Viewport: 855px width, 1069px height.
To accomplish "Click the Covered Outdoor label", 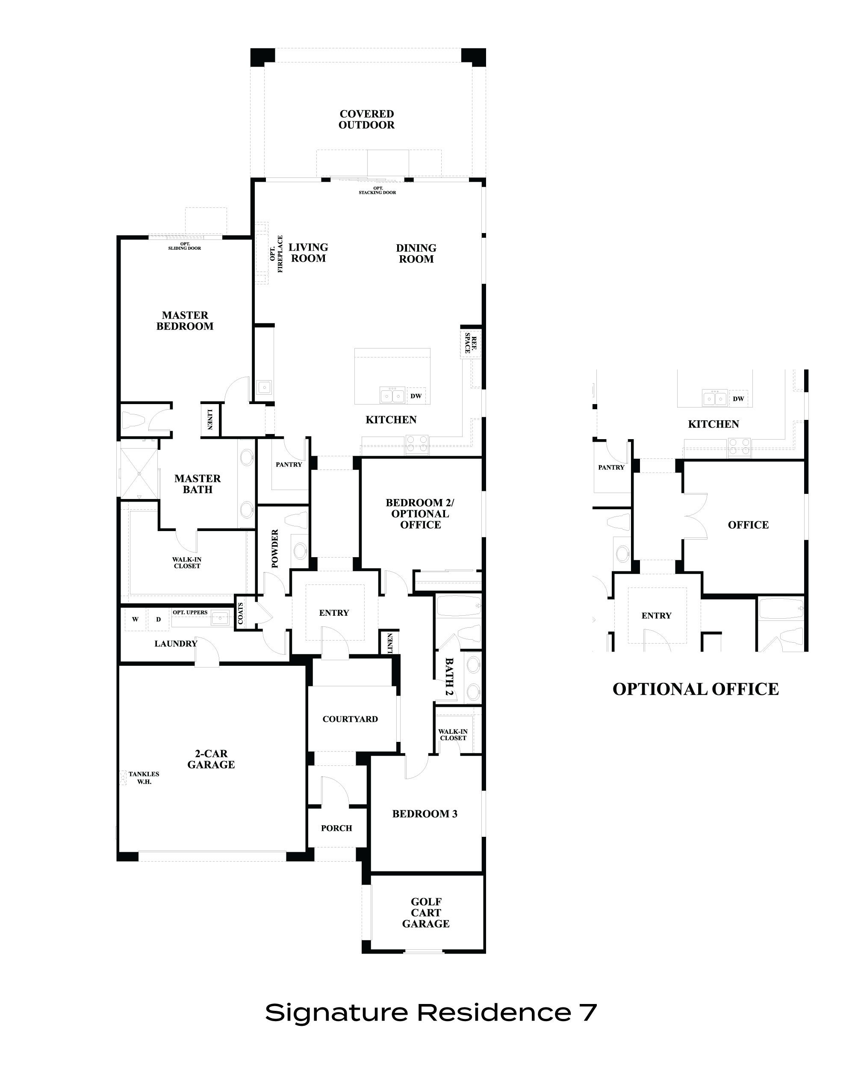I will point(366,119).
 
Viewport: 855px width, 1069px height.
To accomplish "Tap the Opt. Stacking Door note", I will point(377,190).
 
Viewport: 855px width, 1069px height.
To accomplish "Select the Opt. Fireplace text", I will point(276,254).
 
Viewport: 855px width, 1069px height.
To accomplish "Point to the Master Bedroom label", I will point(185,321).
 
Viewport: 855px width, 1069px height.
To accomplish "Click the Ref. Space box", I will point(470,342).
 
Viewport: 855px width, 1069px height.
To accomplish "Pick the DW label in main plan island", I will point(416,396).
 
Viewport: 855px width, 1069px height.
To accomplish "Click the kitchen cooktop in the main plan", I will point(417,444).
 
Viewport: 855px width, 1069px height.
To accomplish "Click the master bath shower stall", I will point(139,473).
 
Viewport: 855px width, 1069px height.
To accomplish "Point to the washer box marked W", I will point(135,619).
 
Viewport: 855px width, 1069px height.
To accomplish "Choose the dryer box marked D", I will point(159,619).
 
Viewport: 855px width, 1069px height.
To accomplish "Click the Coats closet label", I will point(241,613).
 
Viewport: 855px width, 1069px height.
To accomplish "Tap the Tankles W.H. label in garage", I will point(144,777).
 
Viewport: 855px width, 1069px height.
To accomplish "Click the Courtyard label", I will point(350,719).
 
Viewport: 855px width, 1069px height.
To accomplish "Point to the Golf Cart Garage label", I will point(426,912).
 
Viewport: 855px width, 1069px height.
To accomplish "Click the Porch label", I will point(336,828).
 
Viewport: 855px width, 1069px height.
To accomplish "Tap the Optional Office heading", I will point(696,689).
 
